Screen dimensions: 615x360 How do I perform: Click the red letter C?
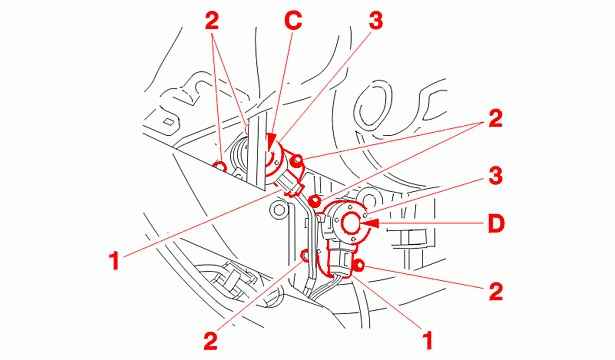pos(293,21)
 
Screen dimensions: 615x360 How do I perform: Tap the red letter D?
pos(496,224)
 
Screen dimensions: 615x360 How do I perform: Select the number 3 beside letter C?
pos(375,20)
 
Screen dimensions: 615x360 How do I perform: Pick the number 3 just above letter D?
pos(495,176)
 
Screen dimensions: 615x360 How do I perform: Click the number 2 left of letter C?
pos(211,21)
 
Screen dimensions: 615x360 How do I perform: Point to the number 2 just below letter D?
pos(496,291)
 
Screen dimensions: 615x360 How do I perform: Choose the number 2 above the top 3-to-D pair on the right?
pos(495,118)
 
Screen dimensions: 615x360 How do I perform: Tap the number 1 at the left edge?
pos(114,261)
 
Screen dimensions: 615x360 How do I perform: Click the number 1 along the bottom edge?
pos(427,340)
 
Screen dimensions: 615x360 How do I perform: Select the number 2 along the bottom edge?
pos(211,341)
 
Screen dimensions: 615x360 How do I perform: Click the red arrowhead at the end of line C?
pos(272,142)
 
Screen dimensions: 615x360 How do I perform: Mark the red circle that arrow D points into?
pos(351,224)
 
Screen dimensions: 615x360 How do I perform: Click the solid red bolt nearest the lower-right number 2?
pos(358,266)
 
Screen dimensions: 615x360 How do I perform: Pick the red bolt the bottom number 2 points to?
pos(304,256)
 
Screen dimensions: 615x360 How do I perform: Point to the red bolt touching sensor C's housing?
pos(298,160)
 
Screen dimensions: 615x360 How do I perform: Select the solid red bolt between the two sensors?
pos(314,201)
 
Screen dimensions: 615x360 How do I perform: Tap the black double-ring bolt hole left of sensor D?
pos(279,210)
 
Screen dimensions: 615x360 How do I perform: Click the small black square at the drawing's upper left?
pos(168,122)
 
